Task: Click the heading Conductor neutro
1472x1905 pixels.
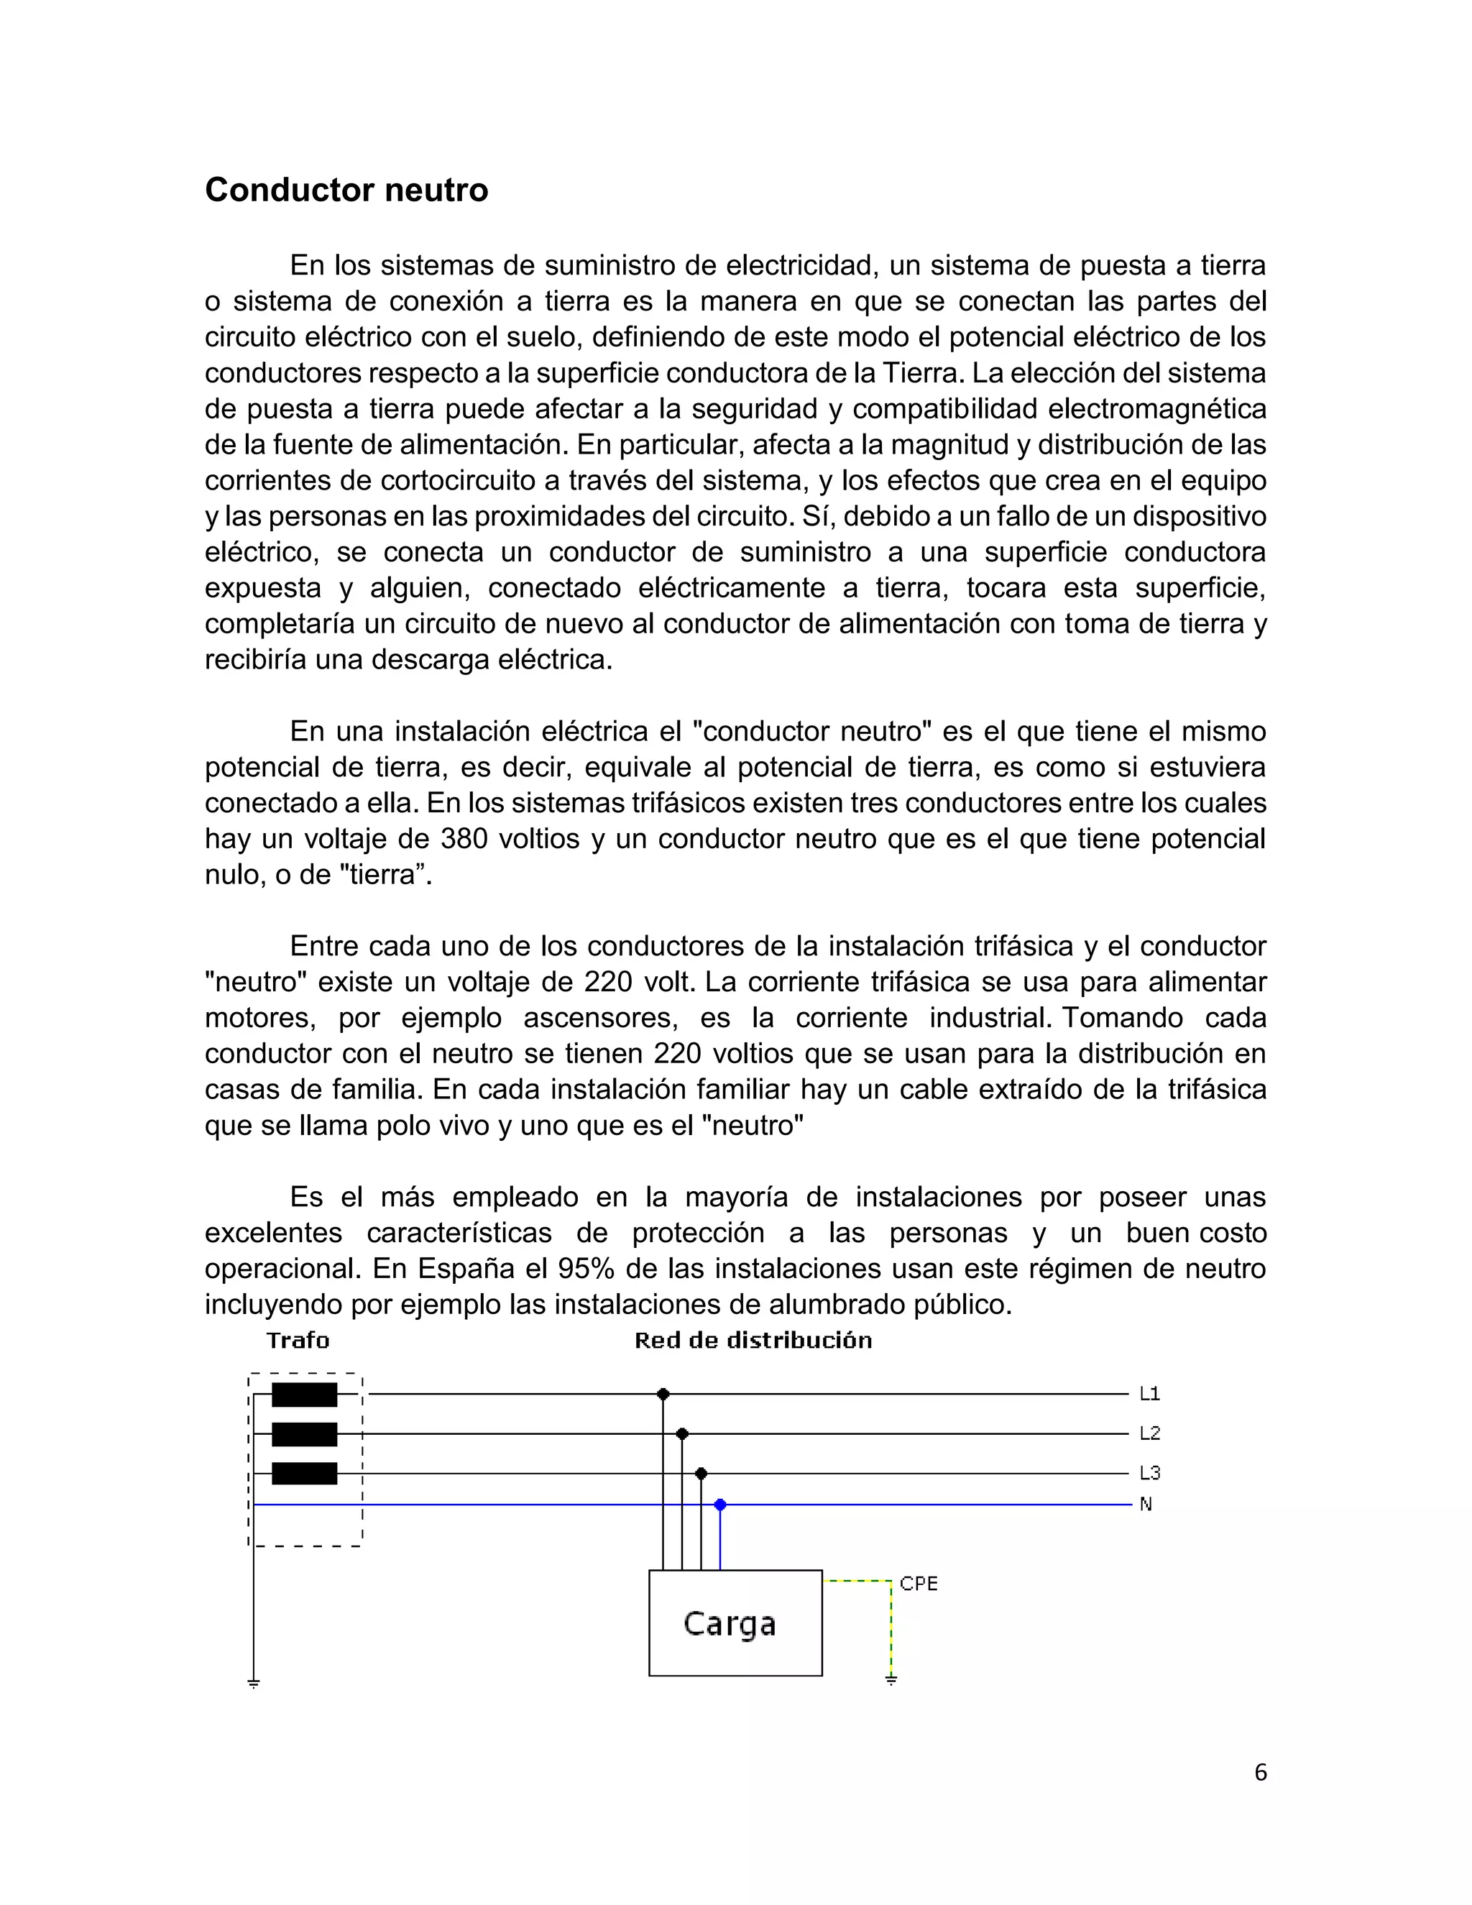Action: pyautogui.click(x=346, y=190)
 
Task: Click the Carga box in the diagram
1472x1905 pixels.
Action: pyautogui.click(x=735, y=1623)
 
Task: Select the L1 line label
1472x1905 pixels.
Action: pyautogui.click(x=1149, y=1394)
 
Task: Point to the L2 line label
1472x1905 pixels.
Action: pyautogui.click(x=1149, y=1433)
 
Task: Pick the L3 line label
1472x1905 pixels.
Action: pyautogui.click(x=1149, y=1473)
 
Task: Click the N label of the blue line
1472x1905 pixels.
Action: pyautogui.click(x=1146, y=1505)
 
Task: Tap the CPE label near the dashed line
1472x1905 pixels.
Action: pyautogui.click(x=919, y=1584)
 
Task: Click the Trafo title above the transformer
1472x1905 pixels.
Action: pyautogui.click(x=298, y=1341)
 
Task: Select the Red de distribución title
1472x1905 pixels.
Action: pyautogui.click(x=753, y=1341)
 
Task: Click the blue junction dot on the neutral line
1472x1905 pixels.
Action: pyautogui.click(x=719, y=1505)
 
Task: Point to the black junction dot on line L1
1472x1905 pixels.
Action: pyautogui.click(x=663, y=1394)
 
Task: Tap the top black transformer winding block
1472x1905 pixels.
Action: pyautogui.click(x=304, y=1395)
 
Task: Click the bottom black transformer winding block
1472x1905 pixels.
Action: pyautogui.click(x=304, y=1473)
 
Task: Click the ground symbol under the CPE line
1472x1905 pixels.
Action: pyautogui.click(x=891, y=1679)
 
